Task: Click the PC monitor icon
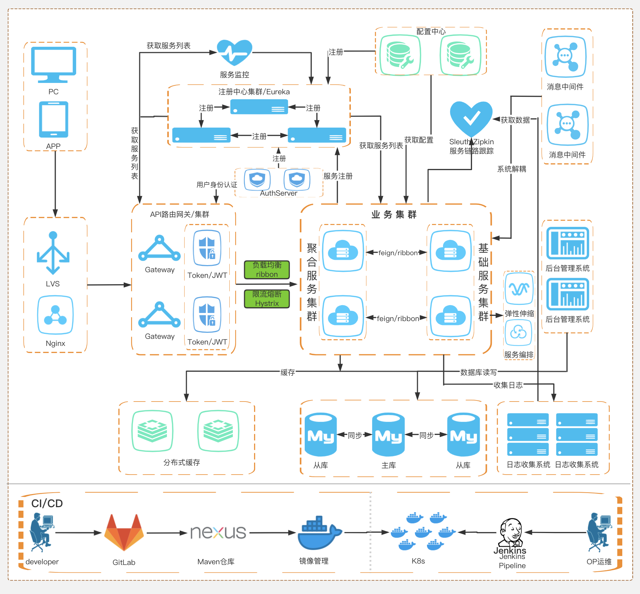[x=54, y=64]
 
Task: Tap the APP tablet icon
[x=54, y=119]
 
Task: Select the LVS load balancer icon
[x=53, y=253]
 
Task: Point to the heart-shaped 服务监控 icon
[x=234, y=53]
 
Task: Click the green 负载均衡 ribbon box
[x=267, y=270]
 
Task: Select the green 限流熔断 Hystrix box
[x=267, y=299]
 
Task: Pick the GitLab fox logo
[x=124, y=532]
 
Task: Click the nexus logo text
[x=218, y=532]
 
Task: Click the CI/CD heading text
[x=47, y=503]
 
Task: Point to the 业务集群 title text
[x=394, y=215]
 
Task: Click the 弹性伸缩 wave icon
[x=519, y=289]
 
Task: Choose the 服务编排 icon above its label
[x=518, y=332]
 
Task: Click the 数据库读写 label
[x=478, y=372]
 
